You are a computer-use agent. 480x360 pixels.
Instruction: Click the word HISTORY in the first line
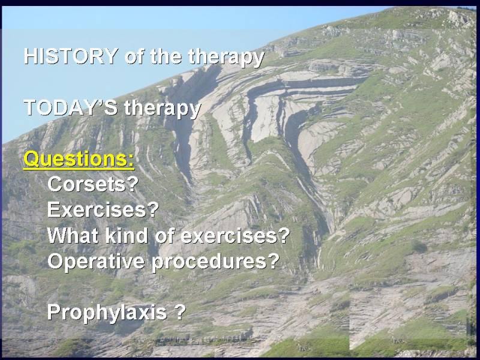click(71, 56)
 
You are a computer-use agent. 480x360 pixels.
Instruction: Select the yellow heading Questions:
click(79, 159)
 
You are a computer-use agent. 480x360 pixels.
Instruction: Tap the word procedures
click(209, 262)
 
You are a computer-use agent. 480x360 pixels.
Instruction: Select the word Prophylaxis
click(107, 313)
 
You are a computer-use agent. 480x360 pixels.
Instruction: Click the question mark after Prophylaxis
click(179, 311)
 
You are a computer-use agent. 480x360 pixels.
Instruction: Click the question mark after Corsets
click(132, 184)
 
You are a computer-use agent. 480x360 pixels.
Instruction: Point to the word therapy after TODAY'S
click(163, 109)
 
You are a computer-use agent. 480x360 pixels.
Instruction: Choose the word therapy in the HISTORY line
click(226, 57)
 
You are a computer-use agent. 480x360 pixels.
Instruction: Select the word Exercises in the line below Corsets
click(97, 209)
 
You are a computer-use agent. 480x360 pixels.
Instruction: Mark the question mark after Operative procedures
click(274, 260)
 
